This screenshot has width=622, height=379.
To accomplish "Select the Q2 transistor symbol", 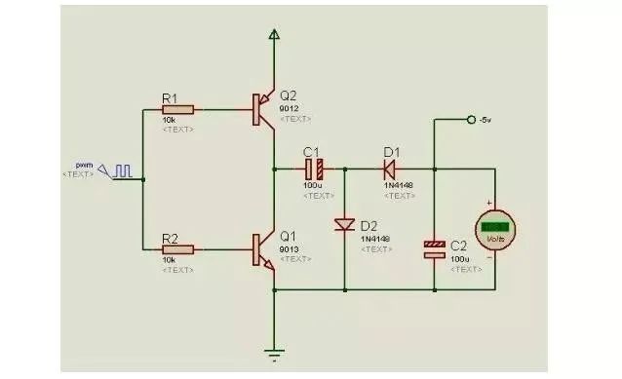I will tap(262, 109).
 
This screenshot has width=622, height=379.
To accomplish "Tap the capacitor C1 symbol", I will tap(313, 167).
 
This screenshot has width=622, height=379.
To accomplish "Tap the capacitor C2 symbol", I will tap(434, 249).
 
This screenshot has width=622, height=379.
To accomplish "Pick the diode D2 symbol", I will tap(344, 225).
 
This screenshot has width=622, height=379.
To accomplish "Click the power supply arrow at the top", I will tap(274, 36).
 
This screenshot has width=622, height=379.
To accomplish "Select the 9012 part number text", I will tap(289, 108).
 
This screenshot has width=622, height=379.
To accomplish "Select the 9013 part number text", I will tap(289, 247).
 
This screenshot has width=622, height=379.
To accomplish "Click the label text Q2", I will tap(288, 95).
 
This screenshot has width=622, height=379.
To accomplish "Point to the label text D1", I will tap(391, 151).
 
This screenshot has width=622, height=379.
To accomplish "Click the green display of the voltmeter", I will tap(496, 225).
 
